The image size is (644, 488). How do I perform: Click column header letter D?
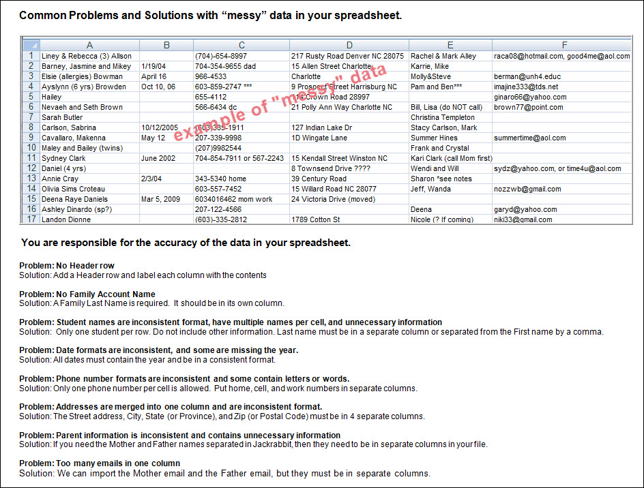[349, 45]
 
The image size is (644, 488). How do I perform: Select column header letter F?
[564, 45]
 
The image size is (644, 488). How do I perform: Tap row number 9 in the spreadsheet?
[31, 138]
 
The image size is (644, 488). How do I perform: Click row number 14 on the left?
[31, 189]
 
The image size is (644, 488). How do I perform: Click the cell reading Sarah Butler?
[62, 117]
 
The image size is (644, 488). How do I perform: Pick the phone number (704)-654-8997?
[221, 56]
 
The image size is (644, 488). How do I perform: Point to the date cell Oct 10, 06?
[158, 87]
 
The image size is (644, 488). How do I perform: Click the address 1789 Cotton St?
[315, 219]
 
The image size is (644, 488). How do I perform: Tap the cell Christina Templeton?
[443, 117]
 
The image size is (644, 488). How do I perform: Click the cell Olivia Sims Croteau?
[74, 189]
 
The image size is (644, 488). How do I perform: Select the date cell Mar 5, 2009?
[161, 199]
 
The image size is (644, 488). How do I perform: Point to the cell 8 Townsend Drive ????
[330, 168]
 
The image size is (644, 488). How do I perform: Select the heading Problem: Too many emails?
[100, 463]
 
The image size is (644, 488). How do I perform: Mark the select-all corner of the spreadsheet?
[31, 45]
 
